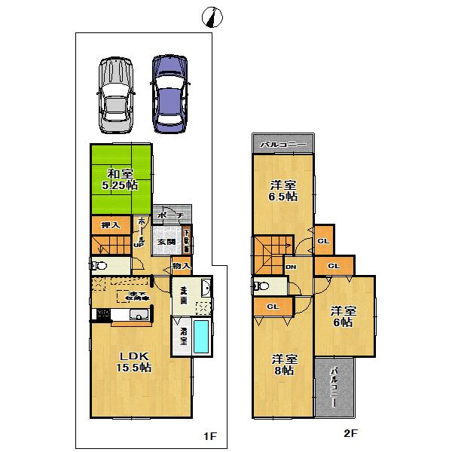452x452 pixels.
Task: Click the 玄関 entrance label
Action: (x=166, y=242)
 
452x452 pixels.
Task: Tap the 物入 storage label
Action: (x=181, y=266)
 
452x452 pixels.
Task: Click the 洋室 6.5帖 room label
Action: (x=282, y=191)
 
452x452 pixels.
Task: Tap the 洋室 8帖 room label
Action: (x=282, y=365)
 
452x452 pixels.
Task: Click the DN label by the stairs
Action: (x=291, y=267)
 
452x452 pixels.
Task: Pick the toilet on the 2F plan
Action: (x=260, y=286)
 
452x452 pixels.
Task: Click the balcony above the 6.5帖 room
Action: (x=282, y=143)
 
